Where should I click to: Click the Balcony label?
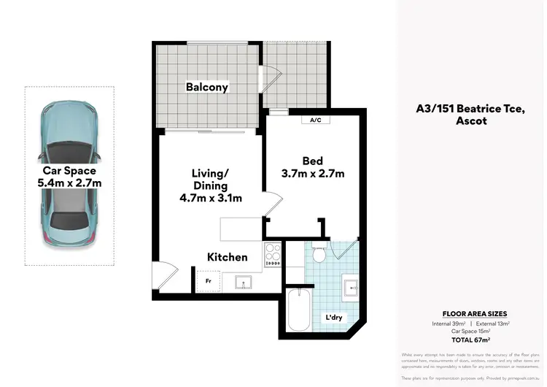point(207,87)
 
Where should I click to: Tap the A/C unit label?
point(316,120)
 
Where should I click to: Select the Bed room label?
point(313,161)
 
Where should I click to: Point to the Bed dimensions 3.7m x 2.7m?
point(313,174)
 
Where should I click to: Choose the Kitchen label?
point(228,257)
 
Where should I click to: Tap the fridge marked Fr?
point(207,280)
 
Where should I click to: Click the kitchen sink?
point(244,281)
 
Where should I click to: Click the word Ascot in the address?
point(471,121)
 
